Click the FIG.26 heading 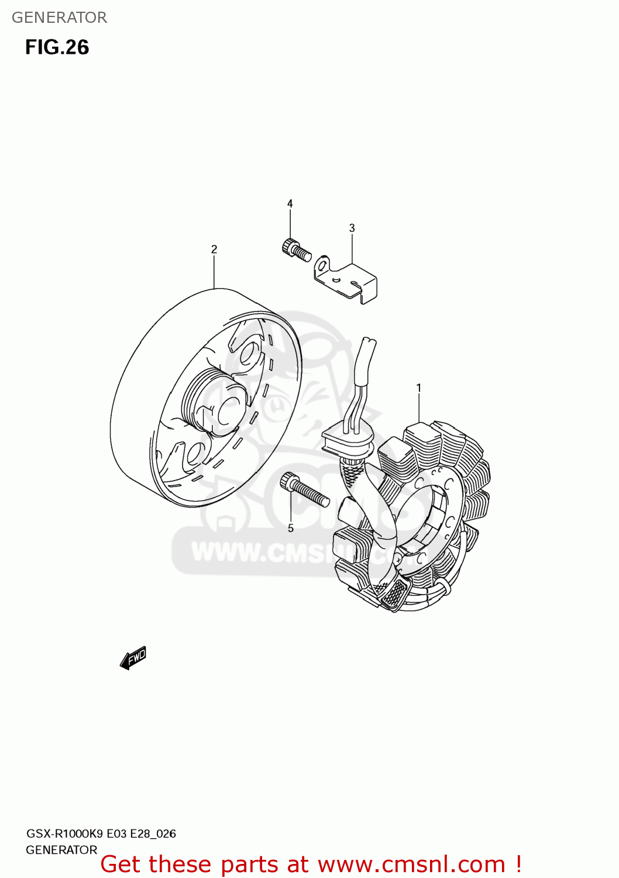[57, 47]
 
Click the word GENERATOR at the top [59, 18]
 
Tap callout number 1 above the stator [419, 387]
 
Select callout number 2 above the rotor [214, 249]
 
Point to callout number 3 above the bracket [352, 228]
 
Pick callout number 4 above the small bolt [290, 204]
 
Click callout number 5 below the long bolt [291, 529]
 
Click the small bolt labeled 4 [296, 250]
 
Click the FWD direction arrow [133, 658]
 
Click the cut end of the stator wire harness [369, 341]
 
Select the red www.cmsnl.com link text [411, 864]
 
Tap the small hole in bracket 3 [336, 280]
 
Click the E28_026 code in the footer [153, 834]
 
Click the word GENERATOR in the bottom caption [61, 850]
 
